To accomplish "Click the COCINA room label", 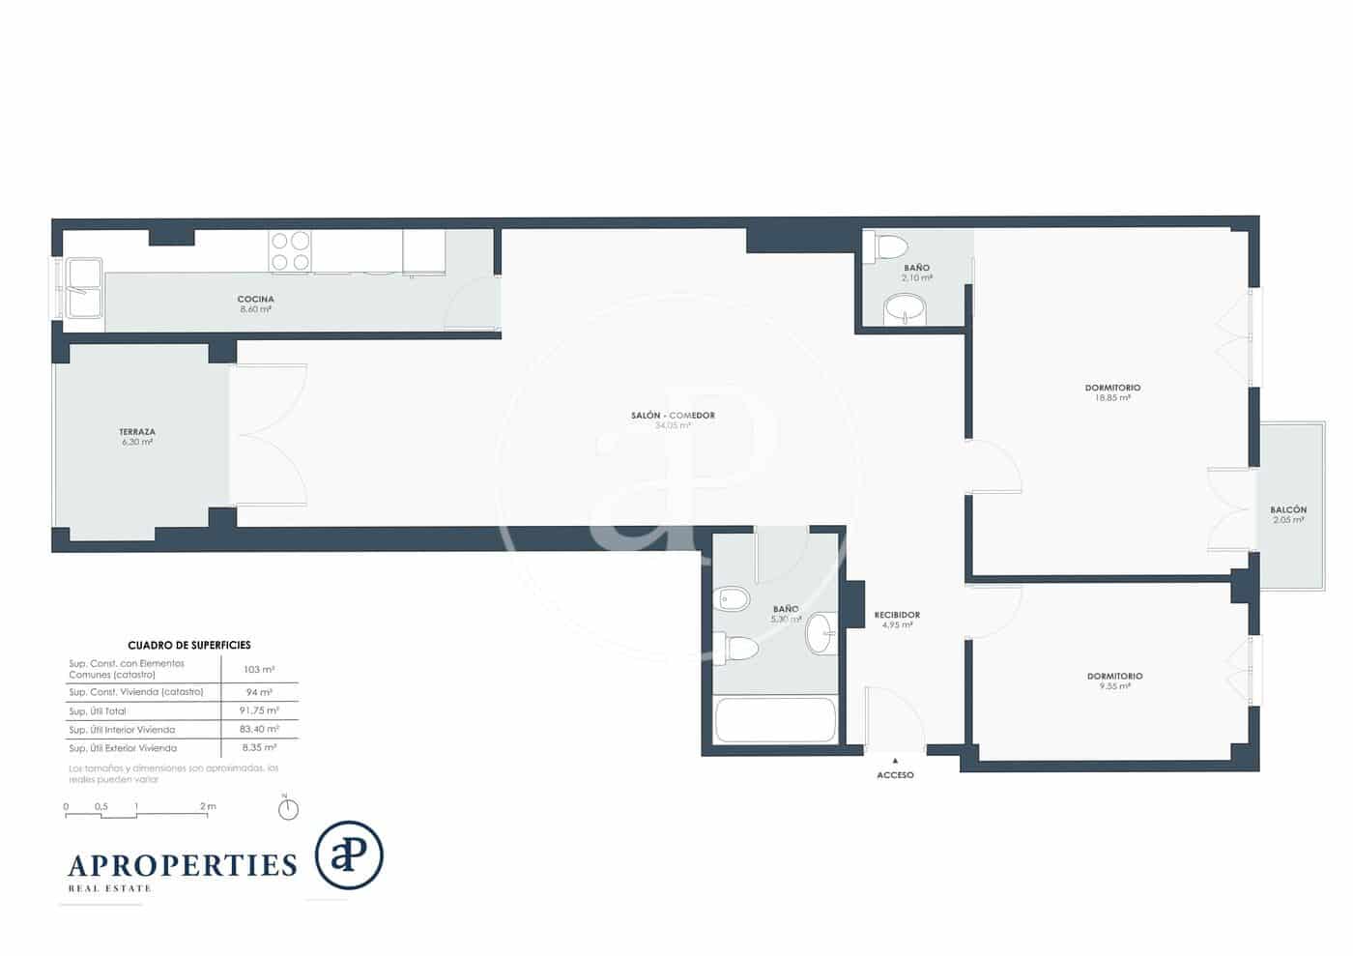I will [x=255, y=299].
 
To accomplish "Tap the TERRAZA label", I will [x=137, y=432].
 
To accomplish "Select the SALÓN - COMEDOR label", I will [x=673, y=416].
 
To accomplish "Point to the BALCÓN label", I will [x=1288, y=509].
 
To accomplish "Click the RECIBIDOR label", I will [x=897, y=615].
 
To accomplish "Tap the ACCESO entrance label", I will [x=895, y=774].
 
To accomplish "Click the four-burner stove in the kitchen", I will [x=290, y=250].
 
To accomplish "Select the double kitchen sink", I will [x=83, y=288].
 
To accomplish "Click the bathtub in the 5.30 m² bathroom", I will [x=774, y=720].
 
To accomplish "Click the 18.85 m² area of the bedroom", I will [x=1112, y=397].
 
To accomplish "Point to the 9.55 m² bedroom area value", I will [x=1114, y=686].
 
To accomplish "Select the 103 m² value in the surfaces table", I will [x=259, y=669].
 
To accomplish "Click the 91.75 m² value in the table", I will [x=259, y=710].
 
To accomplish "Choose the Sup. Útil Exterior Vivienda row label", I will [x=123, y=748].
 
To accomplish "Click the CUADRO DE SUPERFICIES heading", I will [x=189, y=645].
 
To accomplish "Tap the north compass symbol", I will [x=288, y=809].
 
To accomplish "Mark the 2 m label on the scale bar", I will [x=208, y=806].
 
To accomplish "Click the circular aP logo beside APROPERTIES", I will [x=349, y=855].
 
